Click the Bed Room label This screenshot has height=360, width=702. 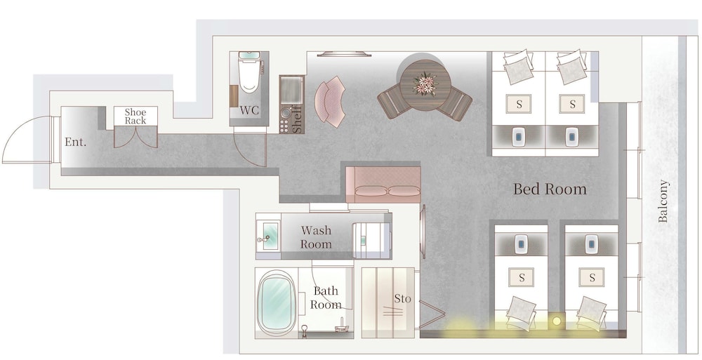[x=550, y=189]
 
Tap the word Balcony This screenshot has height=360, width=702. [x=663, y=201]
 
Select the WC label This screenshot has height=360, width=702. [x=249, y=110]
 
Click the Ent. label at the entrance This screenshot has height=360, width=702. [x=75, y=142]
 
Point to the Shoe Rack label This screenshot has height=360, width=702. [x=135, y=116]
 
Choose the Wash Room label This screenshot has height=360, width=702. [x=316, y=237]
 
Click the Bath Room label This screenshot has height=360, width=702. [x=326, y=298]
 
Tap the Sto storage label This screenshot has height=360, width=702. [x=402, y=299]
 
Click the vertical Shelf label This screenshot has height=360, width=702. [x=296, y=119]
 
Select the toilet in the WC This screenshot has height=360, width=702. [x=249, y=73]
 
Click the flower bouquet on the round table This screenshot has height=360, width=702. [x=425, y=84]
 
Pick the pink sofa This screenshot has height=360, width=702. [x=383, y=185]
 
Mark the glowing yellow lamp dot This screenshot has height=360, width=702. [x=557, y=321]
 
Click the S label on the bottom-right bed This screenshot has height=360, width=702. [x=592, y=278]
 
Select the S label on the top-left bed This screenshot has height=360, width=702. [x=519, y=105]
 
